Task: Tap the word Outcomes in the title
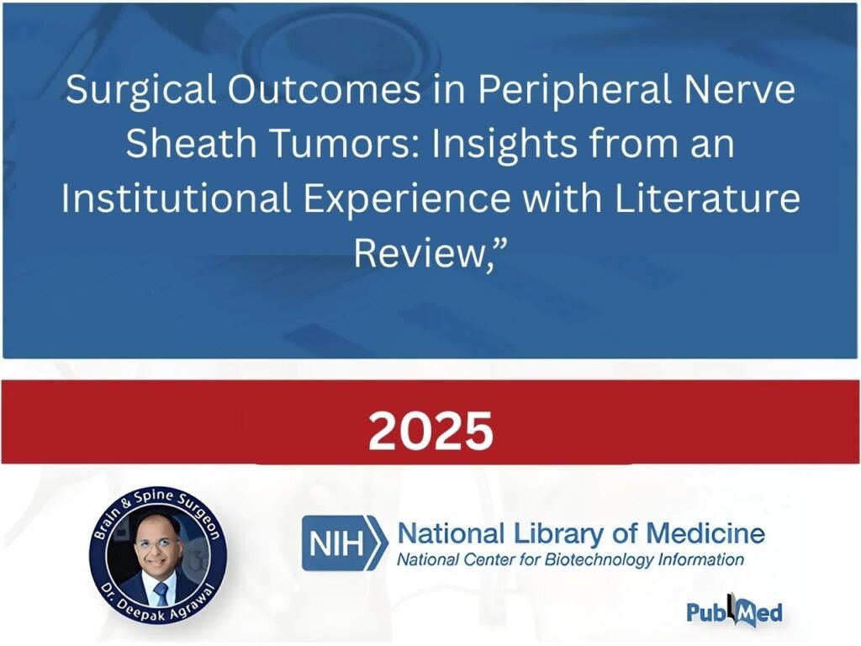(325, 89)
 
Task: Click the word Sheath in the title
(192, 143)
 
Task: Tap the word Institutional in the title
(176, 199)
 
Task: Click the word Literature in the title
(706, 199)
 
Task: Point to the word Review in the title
(418, 253)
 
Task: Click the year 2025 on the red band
(430, 431)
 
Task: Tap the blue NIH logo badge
(344, 543)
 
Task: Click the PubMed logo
(734, 611)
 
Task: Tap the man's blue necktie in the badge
(161, 594)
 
